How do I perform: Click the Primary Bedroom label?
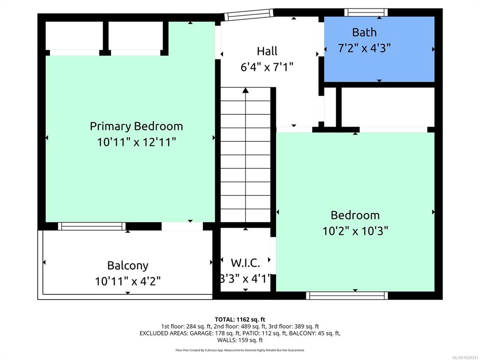[136, 126]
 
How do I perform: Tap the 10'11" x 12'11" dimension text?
[136, 142]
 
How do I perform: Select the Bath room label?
[364, 32]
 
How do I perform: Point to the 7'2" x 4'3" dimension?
[364, 48]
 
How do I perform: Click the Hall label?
[267, 51]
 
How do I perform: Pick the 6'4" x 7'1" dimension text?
[267, 67]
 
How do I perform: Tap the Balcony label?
[127, 265]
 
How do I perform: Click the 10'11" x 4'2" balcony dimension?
[127, 281]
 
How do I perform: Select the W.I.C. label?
[246, 263]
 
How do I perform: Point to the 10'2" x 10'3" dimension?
[355, 231]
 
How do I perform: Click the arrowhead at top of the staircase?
[246, 90]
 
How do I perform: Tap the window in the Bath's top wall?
[366, 13]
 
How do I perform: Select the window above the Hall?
[248, 15]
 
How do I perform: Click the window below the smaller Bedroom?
[347, 296]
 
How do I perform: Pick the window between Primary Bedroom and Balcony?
[92, 226]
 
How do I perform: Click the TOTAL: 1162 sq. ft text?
[240, 320]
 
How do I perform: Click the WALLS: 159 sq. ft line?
[240, 340]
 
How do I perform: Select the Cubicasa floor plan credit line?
[240, 350]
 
